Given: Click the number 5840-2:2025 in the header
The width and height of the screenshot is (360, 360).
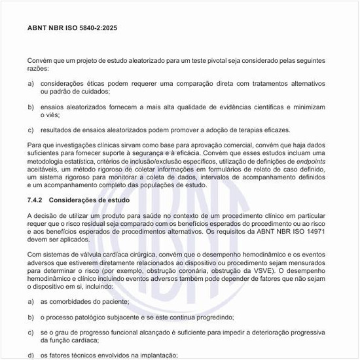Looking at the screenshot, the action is tap(97, 29).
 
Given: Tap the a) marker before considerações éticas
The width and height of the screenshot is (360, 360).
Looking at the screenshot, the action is tap(31, 84).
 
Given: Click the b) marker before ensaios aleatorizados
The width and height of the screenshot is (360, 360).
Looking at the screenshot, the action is tap(31, 106).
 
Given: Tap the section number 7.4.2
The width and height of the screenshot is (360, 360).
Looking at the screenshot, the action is tap(37, 200).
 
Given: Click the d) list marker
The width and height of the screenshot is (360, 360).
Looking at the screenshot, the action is tap(31, 355).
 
